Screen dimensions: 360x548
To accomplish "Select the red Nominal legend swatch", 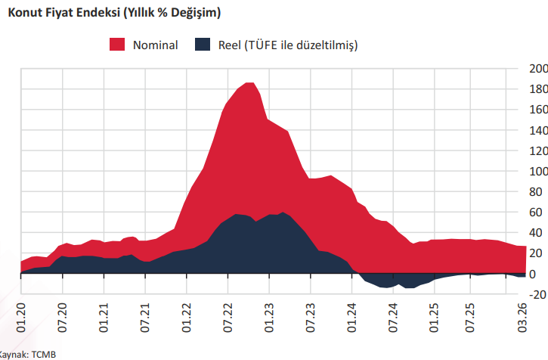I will pyautogui.click(x=117, y=45).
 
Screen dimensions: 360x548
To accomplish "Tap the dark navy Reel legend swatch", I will pyautogui.click(x=203, y=45).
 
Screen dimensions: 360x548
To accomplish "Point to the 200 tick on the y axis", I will pyautogui.click(x=537, y=69).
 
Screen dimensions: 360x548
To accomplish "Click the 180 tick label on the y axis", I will pyautogui.click(x=537, y=89).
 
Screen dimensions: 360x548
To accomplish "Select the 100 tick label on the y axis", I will pyautogui.click(x=537, y=171).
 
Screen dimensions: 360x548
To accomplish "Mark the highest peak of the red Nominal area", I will pyautogui.click(x=249, y=82).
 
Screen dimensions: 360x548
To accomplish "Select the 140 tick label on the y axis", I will pyautogui.click(x=537, y=130).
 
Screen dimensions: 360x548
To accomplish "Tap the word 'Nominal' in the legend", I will pyautogui.click(x=155, y=45).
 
